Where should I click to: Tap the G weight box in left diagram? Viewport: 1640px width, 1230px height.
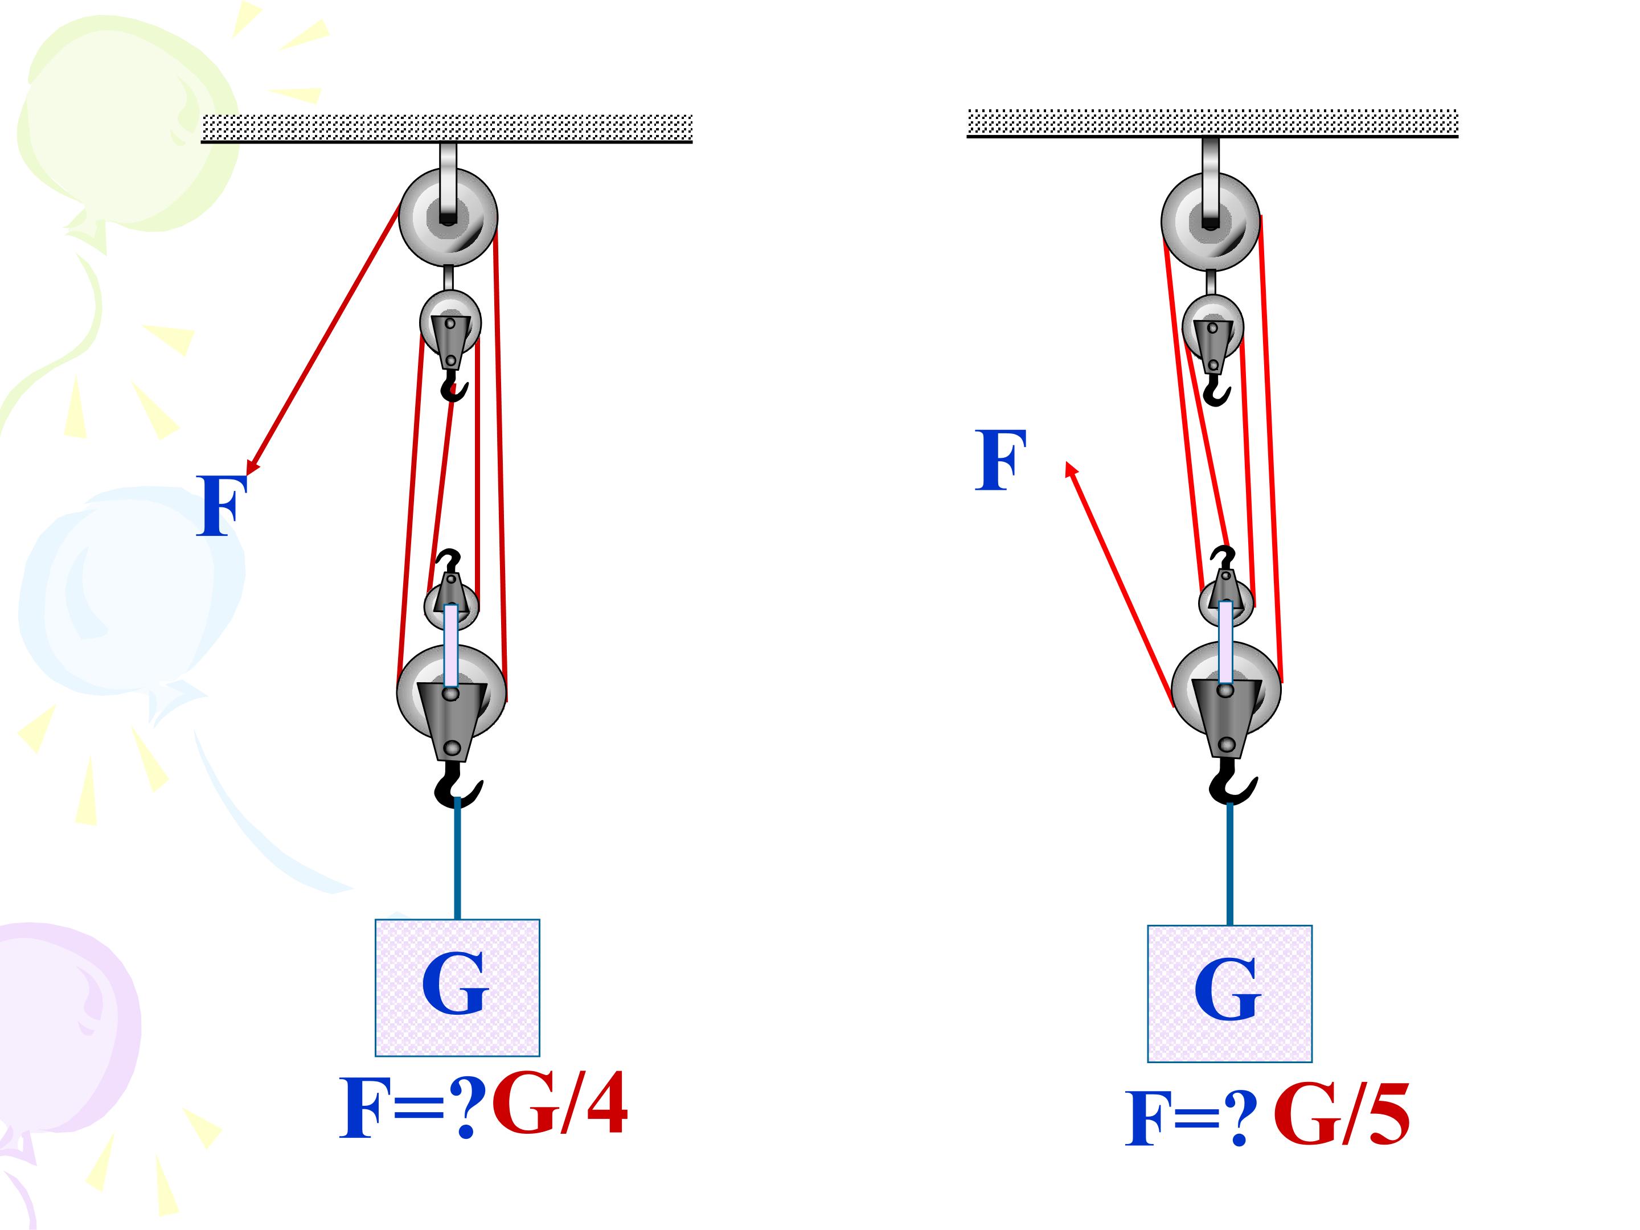tap(457, 987)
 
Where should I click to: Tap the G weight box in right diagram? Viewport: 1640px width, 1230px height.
tap(1230, 994)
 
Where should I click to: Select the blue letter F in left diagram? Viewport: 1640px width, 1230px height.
tap(221, 506)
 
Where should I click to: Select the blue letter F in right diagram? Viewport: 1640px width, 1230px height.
tap(1000, 460)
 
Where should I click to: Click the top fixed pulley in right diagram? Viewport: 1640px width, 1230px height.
tap(1211, 222)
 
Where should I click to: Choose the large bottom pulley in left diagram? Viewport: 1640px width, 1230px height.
tap(452, 692)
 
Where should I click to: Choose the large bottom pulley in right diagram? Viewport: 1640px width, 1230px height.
tap(1226, 690)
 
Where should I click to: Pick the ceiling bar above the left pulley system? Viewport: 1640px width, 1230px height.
tap(447, 128)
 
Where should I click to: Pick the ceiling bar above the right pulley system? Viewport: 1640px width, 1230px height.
tap(1213, 123)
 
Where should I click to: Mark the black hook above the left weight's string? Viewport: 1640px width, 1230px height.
tap(457, 786)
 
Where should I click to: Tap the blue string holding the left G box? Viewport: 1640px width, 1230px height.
tap(457, 859)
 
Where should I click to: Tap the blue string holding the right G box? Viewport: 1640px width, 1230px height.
tap(1230, 864)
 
